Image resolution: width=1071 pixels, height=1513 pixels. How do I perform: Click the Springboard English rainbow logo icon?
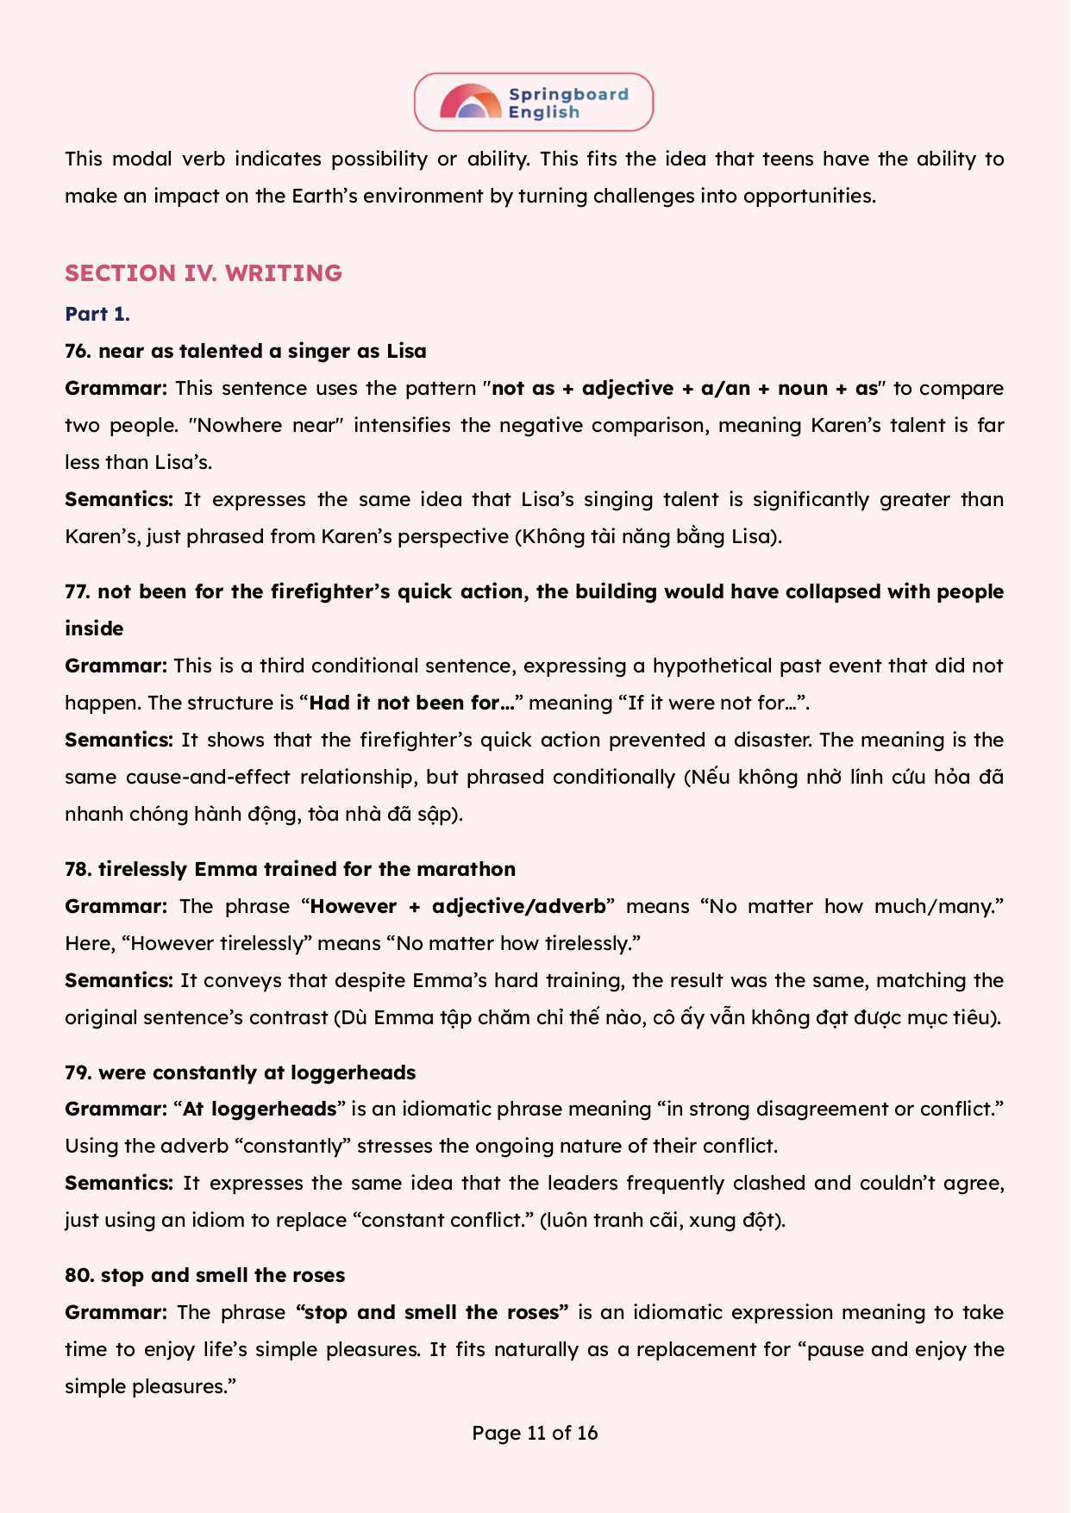[x=470, y=102]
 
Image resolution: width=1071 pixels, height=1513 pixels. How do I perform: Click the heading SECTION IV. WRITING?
[x=204, y=273]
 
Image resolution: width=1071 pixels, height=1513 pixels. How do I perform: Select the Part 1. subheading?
[x=97, y=314]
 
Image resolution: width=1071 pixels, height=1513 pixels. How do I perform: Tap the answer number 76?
[x=78, y=351]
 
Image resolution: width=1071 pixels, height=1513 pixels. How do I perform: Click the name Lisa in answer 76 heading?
[x=406, y=351]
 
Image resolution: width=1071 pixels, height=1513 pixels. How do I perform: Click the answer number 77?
[x=78, y=591]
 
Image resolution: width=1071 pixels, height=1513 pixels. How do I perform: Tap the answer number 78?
[x=78, y=869]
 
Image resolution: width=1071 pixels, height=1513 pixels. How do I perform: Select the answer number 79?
[x=78, y=1072]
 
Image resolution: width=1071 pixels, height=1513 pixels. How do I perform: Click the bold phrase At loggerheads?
[x=259, y=1109]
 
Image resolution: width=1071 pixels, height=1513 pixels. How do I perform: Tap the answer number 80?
[x=78, y=1275]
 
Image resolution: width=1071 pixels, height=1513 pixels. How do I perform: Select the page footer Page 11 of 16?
[x=535, y=1433]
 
